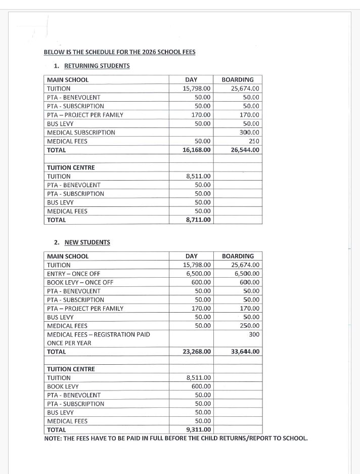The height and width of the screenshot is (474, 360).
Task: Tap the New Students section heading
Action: [87, 242]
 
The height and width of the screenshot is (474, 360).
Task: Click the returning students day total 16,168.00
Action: [197, 150]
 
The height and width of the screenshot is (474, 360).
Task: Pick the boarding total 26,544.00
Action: [245, 150]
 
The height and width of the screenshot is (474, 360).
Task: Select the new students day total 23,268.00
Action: [197, 352]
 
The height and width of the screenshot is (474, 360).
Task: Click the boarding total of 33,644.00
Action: [245, 352]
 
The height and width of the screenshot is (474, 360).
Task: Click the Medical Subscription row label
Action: [81, 133]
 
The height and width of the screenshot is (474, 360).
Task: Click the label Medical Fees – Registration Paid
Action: [98, 334]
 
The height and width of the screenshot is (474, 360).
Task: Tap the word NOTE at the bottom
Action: [54, 438]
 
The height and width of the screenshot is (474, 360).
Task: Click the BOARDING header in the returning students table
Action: [238, 80]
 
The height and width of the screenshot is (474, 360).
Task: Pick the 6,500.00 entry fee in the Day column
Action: [198, 274]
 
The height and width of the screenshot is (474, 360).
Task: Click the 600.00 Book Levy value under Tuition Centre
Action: [202, 386]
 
